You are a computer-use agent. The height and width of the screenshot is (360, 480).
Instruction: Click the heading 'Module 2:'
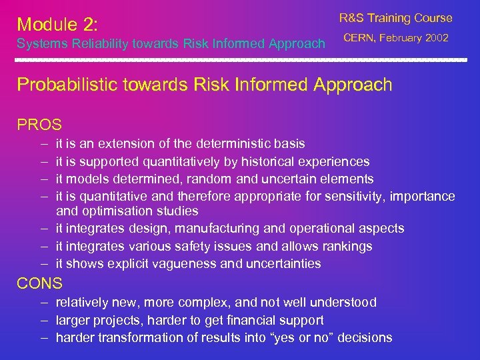pos(57,25)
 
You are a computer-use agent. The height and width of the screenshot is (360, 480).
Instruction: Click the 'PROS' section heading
pos(39,125)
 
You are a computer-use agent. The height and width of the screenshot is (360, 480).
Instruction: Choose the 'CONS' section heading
pos(39,283)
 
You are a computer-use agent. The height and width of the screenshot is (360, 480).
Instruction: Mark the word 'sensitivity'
pos(353,196)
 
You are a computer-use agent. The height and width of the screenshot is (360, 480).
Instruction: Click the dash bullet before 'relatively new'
pos(42,303)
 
